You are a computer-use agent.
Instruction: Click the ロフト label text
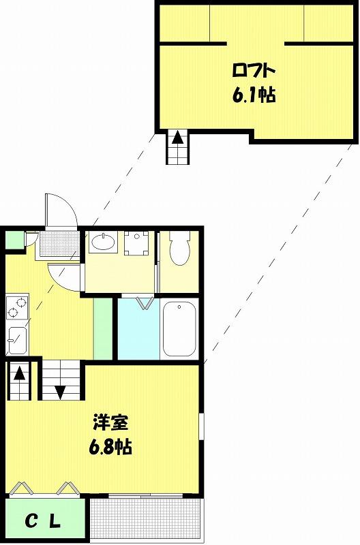254,72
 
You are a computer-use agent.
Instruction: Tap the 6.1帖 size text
254,94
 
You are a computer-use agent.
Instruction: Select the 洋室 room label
110,422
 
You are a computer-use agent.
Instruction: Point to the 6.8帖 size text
110,446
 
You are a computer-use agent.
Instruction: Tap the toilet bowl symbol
179,247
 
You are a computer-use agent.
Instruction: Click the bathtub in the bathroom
179,329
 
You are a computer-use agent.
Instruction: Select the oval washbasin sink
103,241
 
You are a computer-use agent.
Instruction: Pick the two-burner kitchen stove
17,307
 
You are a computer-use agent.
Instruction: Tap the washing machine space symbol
136,243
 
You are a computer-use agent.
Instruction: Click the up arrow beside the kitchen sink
20,373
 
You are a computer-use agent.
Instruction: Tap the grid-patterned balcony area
146,519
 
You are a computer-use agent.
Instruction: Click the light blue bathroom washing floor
139,329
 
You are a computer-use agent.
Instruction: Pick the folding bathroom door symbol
146,302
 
